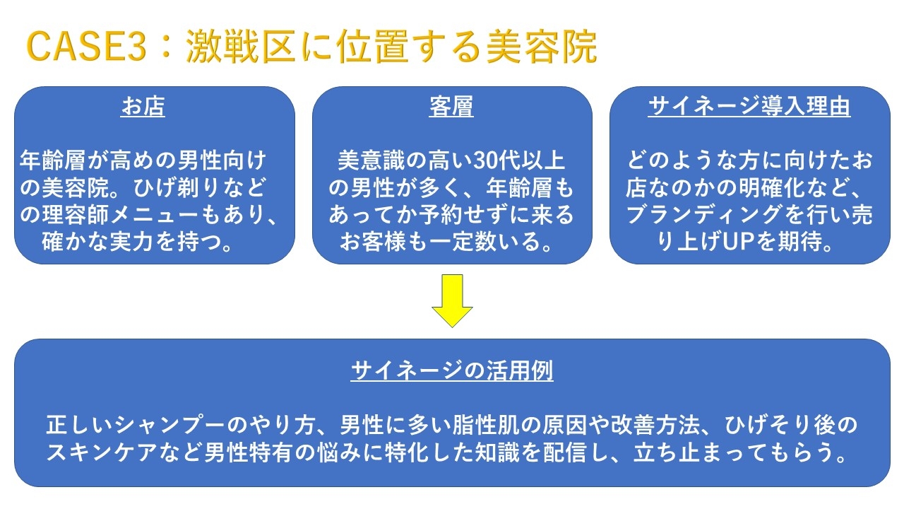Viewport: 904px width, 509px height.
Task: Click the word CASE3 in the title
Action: coord(86,47)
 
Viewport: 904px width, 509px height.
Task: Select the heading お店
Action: coord(143,106)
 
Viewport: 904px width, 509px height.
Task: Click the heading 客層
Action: coord(451,106)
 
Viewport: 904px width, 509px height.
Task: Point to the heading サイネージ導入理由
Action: coord(749,106)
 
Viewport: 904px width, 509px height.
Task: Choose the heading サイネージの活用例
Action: coord(451,370)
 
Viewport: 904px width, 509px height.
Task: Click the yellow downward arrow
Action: coord(452,301)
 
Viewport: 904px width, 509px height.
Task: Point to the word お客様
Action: coord(372,242)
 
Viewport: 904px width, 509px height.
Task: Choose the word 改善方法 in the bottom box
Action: coord(655,425)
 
